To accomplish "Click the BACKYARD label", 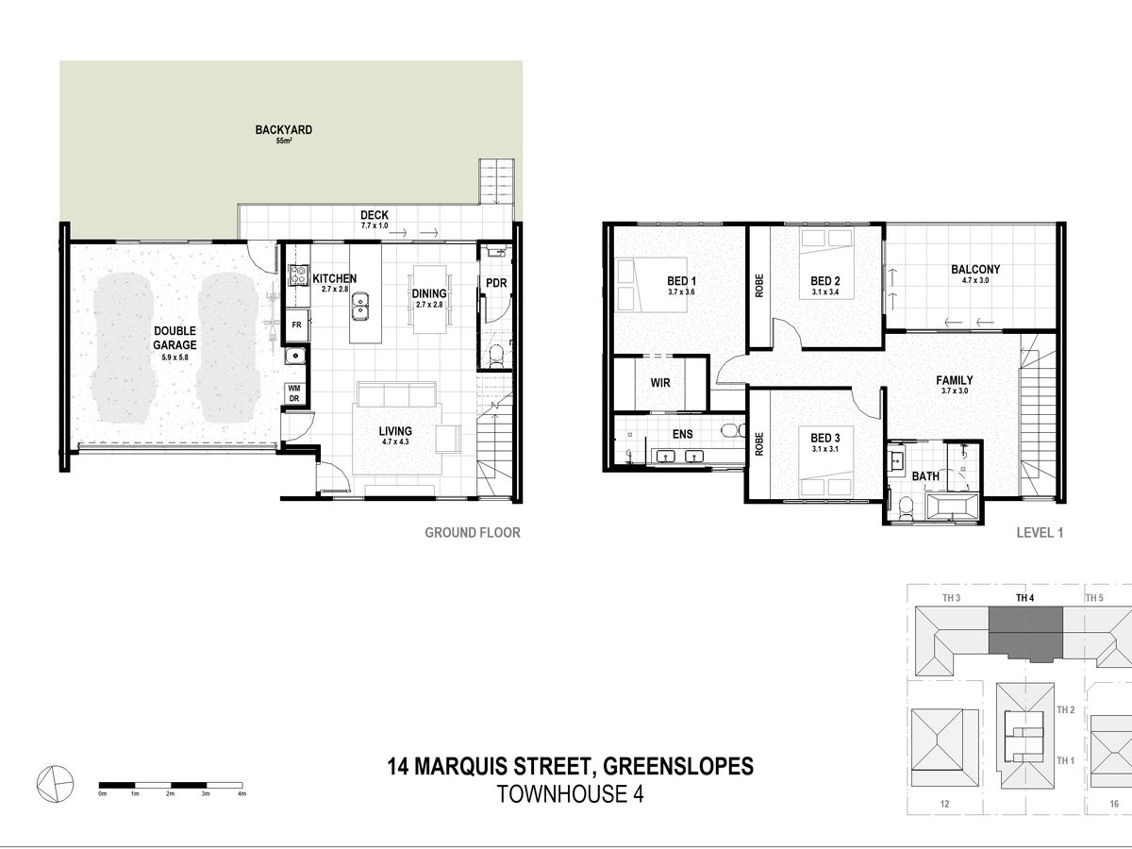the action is click(x=284, y=130).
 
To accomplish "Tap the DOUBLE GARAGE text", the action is click(x=175, y=338).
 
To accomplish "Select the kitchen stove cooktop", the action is click(x=298, y=275).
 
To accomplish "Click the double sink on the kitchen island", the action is click(x=360, y=306).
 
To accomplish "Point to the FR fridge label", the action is click(x=296, y=325).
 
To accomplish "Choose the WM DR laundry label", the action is click(x=294, y=393).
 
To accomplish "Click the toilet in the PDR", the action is click(x=495, y=356).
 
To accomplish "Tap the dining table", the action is click(x=429, y=299).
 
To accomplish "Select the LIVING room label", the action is click(x=395, y=431).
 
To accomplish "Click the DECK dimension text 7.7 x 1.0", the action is click(x=375, y=225).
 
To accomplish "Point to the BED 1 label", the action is click(x=681, y=281).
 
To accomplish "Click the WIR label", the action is click(x=660, y=383).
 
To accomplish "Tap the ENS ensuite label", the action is click(x=682, y=435).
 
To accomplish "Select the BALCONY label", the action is click(x=975, y=269).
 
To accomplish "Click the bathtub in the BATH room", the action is click(x=952, y=507).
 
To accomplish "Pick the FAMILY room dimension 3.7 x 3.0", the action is click(x=954, y=391).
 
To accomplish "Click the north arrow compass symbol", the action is click(x=55, y=784).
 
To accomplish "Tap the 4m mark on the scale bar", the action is click(x=241, y=793).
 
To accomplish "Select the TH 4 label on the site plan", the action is click(x=1024, y=598).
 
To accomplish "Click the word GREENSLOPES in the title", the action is click(x=678, y=766).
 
